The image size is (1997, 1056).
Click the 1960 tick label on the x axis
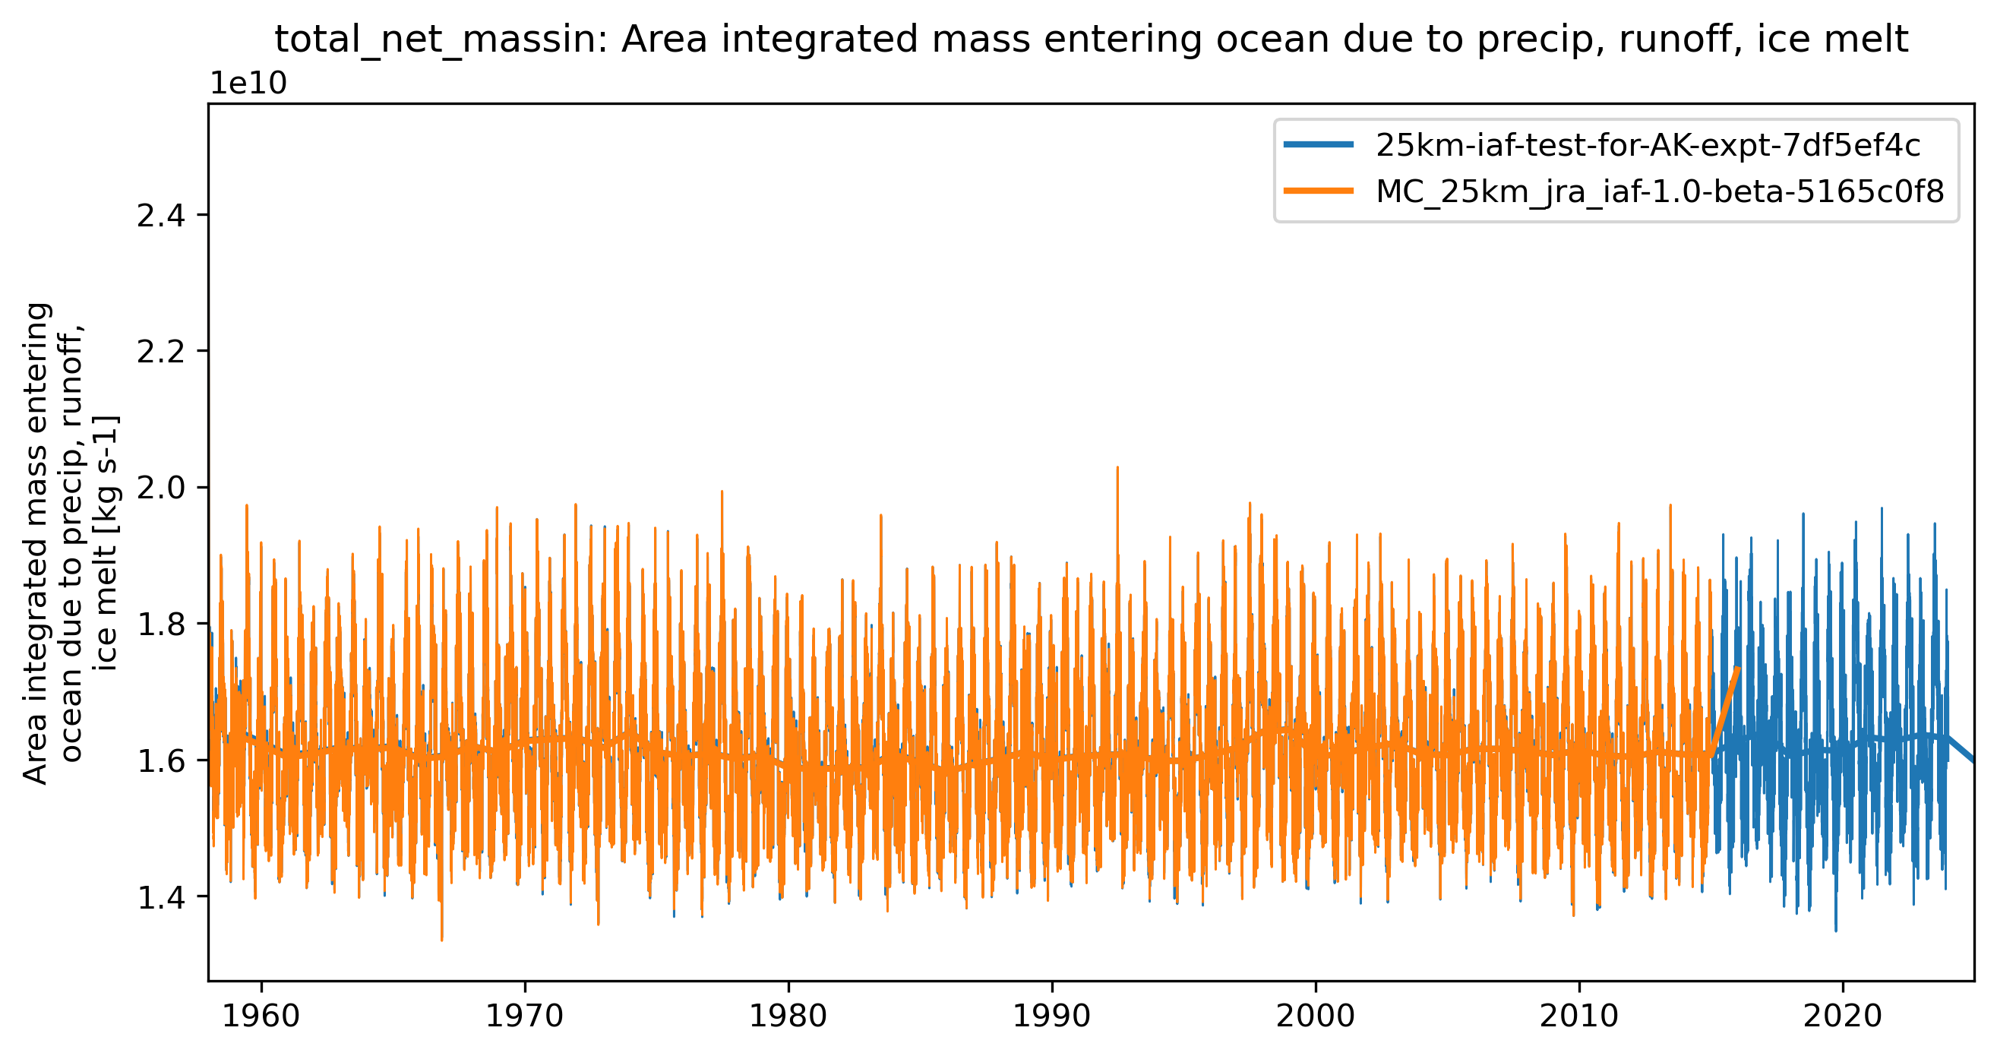[261, 1016]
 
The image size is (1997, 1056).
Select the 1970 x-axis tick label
[524, 1016]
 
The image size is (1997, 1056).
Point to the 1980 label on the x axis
[788, 1016]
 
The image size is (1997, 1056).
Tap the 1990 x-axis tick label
[1052, 1016]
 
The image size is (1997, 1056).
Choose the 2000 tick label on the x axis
[1316, 1016]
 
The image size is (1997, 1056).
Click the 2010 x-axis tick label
[1579, 1016]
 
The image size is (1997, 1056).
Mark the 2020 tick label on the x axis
[1843, 1016]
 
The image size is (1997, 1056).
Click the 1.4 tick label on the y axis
[161, 897]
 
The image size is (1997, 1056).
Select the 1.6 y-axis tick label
[161, 760]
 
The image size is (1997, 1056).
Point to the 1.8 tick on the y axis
[161, 624]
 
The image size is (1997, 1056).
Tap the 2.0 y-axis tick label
[161, 488]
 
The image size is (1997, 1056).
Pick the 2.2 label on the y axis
[161, 351]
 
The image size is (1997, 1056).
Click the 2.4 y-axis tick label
[161, 215]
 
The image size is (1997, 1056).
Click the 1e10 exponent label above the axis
[249, 83]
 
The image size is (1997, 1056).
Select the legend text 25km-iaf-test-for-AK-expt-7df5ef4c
[1648, 145]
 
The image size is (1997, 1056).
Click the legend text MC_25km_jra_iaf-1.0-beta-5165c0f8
[1660, 191]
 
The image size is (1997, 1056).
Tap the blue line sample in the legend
[1319, 144]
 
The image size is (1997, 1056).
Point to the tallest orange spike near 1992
[1117, 469]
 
